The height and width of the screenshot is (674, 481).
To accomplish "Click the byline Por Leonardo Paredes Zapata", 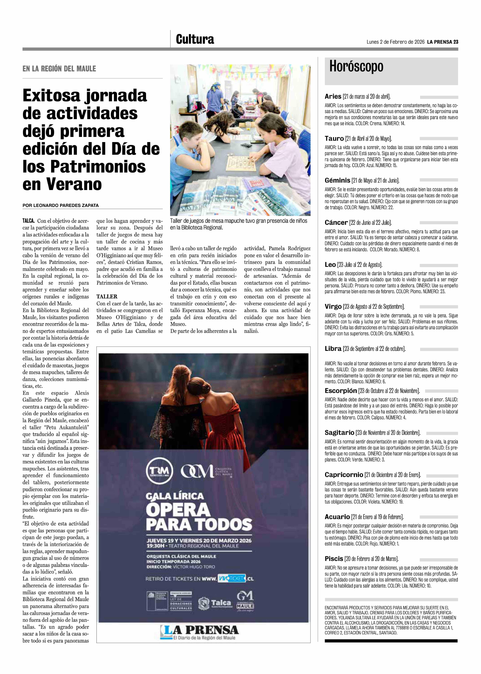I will [x=60, y=205].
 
